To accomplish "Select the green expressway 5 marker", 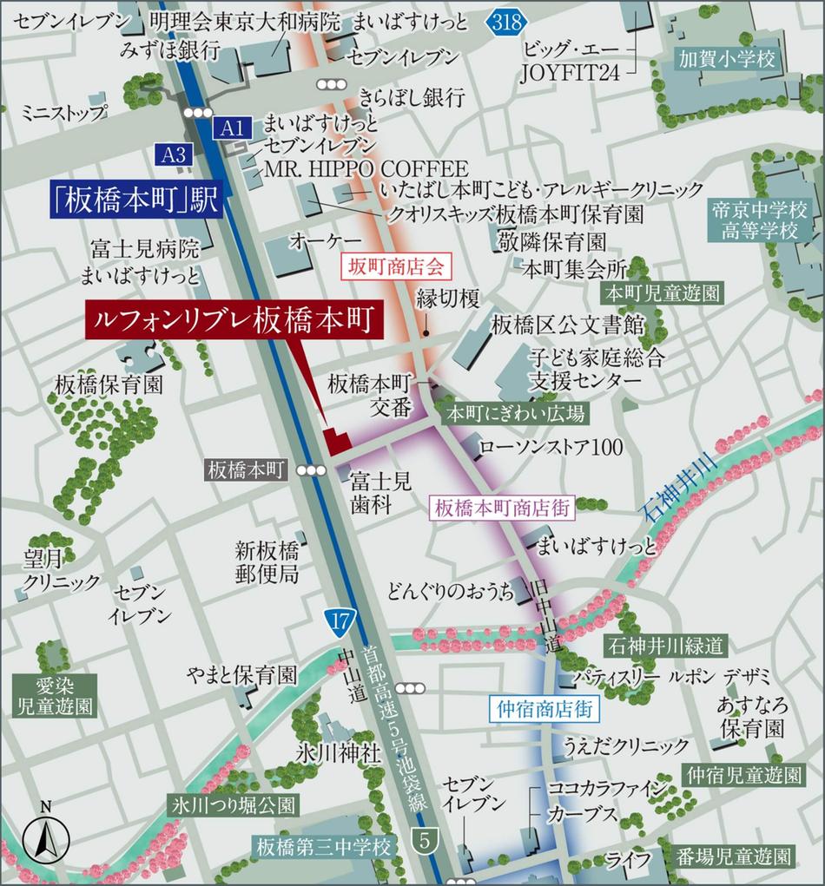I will pyautogui.click(x=424, y=840).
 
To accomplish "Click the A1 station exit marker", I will pyautogui.click(x=232, y=128).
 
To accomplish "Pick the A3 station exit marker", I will pyautogui.click(x=174, y=154).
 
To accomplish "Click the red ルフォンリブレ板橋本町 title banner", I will pyautogui.click(x=234, y=320).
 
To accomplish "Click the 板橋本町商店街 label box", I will pyautogui.click(x=503, y=508).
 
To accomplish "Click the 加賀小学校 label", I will pyautogui.click(x=727, y=59).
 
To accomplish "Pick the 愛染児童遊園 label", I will pyautogui.click(x=52, y=694).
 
